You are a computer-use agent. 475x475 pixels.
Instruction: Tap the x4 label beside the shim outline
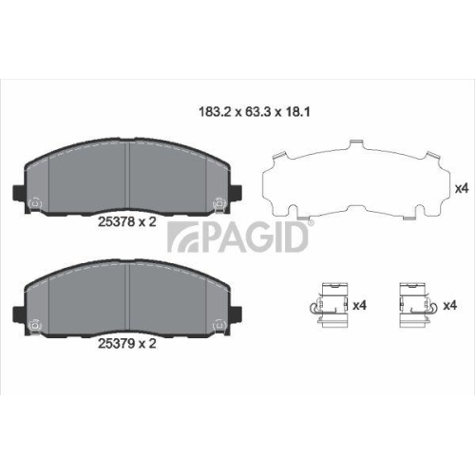pyautogui.click(x=462, y=188)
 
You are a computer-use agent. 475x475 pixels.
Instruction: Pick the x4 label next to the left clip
pyautogui.click(x=359, y=305)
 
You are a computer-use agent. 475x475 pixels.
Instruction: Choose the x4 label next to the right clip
pyautogui.click(x=451, y=305)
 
